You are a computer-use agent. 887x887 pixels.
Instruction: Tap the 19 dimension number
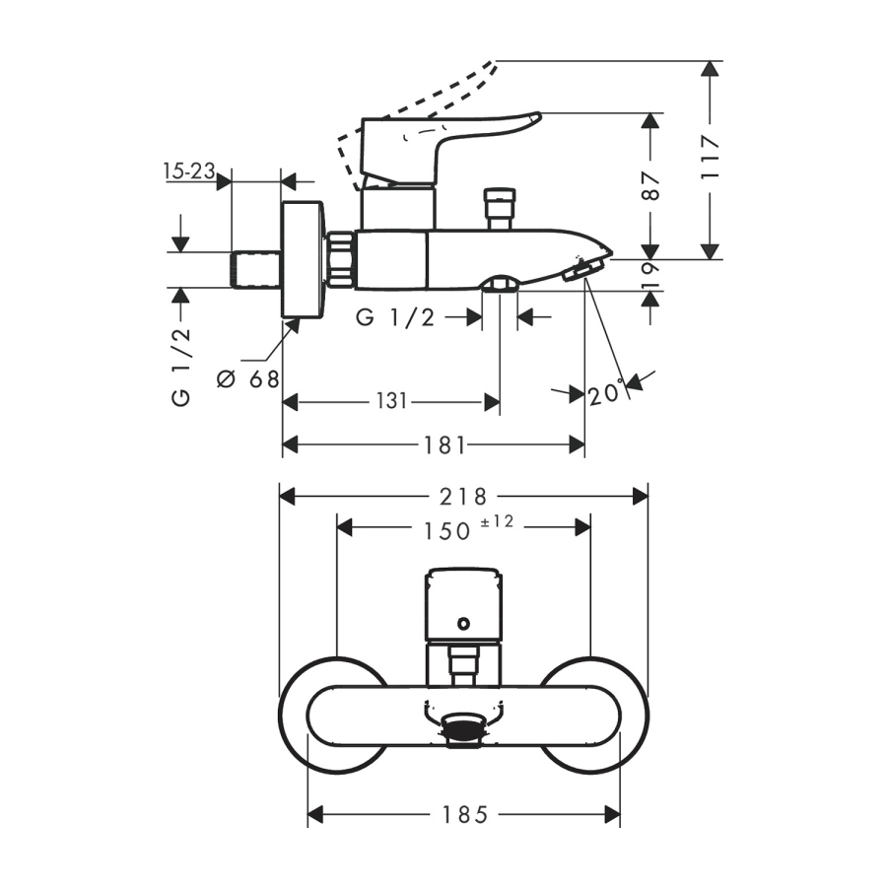coord(649,276)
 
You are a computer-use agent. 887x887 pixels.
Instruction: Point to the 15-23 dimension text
coord(189,171)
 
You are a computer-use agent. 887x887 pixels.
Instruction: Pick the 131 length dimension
coord(390,401)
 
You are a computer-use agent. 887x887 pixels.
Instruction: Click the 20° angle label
coord(607,394)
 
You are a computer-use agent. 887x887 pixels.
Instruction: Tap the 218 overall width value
coord(463,495)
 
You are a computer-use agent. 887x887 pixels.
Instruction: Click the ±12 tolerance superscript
coord(498,521)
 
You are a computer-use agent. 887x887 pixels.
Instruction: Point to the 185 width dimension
coord(463,814)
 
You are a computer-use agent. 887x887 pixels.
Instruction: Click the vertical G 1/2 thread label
coord(181,367)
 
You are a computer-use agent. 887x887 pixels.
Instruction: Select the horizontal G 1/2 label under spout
coord(395,317)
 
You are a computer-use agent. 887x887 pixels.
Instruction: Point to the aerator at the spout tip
coord(584,269)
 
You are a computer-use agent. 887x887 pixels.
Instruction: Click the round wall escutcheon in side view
coord(302,260)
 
